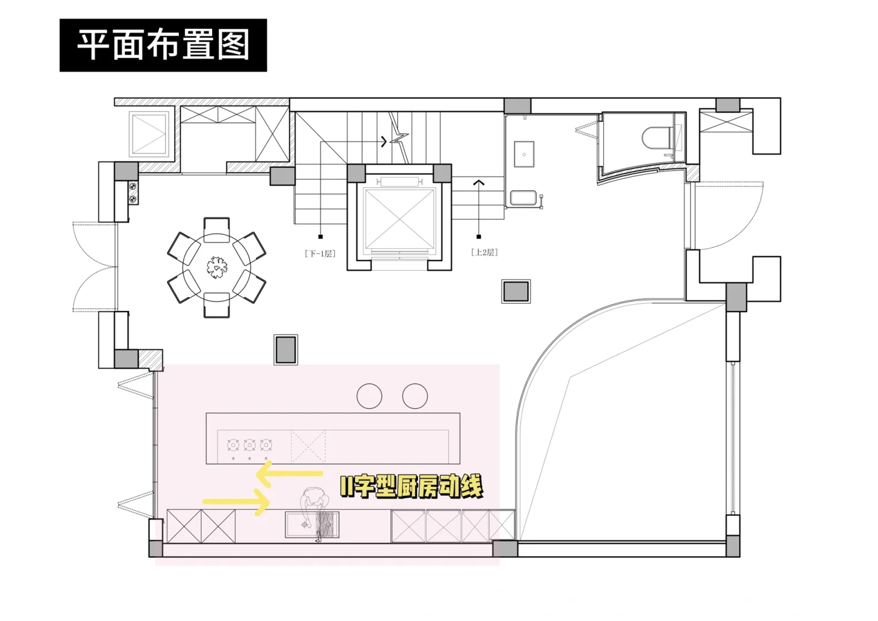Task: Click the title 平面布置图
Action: pos(163,45)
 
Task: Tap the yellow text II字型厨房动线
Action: pos(411,487)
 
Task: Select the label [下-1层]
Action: pos(320,254)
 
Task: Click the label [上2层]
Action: pos(484,252)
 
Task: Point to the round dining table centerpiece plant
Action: pos(217,267)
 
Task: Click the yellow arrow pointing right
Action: pos(236,501)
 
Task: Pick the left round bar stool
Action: pos(369,396)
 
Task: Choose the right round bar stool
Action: pos(415,396)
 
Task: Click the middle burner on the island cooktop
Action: pos(250,445)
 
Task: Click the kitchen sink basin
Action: pos(302,524)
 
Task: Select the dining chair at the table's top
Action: pos(217,225)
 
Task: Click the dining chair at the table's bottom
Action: pos(217,305)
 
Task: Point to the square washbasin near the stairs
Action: pos(524,154)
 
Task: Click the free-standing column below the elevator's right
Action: pos(516,292)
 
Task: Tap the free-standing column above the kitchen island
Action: pos(286,350)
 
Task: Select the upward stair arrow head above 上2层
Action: pos(478,183)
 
